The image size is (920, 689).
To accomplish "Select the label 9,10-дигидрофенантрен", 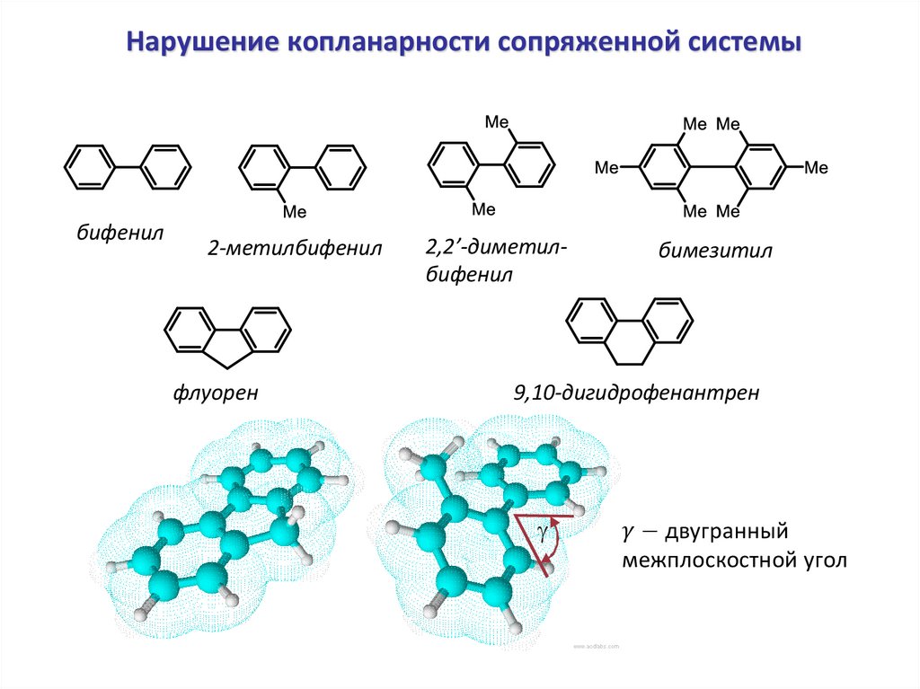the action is [x=635, y=393].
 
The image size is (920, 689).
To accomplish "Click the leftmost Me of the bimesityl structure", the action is [x=608, y=167].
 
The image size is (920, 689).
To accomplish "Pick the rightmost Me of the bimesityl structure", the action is [x=815, y=167].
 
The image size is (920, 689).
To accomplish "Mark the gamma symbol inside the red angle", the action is [x=542, y=531].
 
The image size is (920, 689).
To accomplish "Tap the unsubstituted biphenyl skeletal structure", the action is [x=128, y=167].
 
